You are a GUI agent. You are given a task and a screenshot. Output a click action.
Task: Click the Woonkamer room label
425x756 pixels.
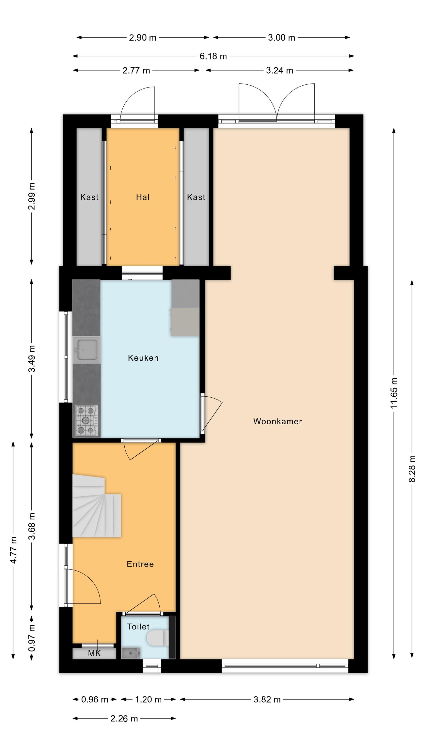tap(277, 421)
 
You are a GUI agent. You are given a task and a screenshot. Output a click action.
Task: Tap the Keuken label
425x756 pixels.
tap(143, 358)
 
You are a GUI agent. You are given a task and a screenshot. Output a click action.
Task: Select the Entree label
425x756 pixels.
tap(140, 564)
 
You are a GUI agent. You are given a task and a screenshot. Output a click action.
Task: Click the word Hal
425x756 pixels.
tap(143, 197)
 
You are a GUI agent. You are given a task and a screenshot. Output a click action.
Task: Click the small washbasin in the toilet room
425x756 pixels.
tap(131, 653)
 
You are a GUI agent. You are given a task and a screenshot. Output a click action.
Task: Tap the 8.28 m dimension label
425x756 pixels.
tap(412, 469)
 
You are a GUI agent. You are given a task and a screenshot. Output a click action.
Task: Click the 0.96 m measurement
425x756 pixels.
tap(95, 699)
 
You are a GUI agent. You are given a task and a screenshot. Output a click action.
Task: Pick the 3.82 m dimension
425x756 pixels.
tap(267, 699)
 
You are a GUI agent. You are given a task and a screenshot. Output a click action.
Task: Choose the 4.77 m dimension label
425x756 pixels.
tap(13, 550)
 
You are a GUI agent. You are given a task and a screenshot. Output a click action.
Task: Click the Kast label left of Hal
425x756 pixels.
tap(89, 197)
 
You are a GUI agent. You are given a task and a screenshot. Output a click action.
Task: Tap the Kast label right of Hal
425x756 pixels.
tap(196, 197)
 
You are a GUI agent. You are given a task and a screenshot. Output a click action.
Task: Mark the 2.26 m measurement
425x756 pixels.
tap(124, 718)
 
